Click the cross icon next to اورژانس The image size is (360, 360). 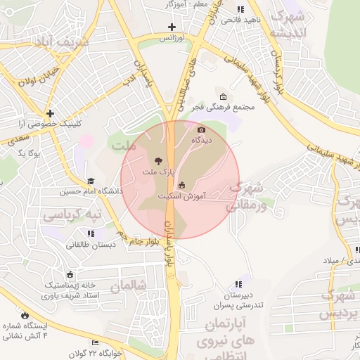click(172, 27)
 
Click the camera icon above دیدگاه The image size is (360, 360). click(202, 129)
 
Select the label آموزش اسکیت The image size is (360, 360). click(181, 196)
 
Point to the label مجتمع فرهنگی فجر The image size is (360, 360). click(223, 107)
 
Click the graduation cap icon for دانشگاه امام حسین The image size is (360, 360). click(91, 181)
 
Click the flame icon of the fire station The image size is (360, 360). click(26, 316)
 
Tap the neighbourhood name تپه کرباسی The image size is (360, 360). click(70, 212)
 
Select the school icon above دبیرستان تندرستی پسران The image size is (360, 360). click(238, 284)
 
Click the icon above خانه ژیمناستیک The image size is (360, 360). click(70, 275)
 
